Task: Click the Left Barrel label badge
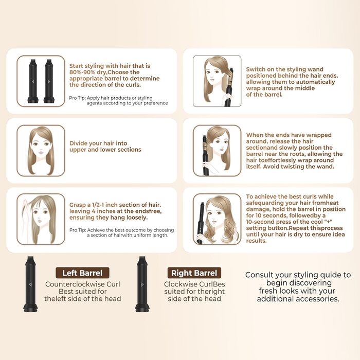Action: pyautogui.click(x=82, y=273)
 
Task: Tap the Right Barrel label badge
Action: pyautogui.click(x=194, y=273)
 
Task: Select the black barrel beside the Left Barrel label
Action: pyautogui.click(x=30, y=284)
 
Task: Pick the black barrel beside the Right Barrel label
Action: pyautogui.click(x=142, y=284)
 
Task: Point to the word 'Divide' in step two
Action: pyautogui.click(x=78, y=143)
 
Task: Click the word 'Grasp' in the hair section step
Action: pyautogui.click(x=77, y=205)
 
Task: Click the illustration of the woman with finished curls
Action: pyautogui.click(x=217, y=219)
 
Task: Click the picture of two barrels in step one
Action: pyautogui.click(x=41, y=81)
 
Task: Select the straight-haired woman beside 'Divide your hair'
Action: pyautogui.click(x=41, y=151)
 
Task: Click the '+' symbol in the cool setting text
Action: pyautogui.click(x=328, y=222)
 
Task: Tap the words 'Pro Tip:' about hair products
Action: pyautogui.click(x=78, y=98)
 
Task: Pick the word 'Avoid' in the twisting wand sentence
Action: pyautogui.click(x=270, y=167)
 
